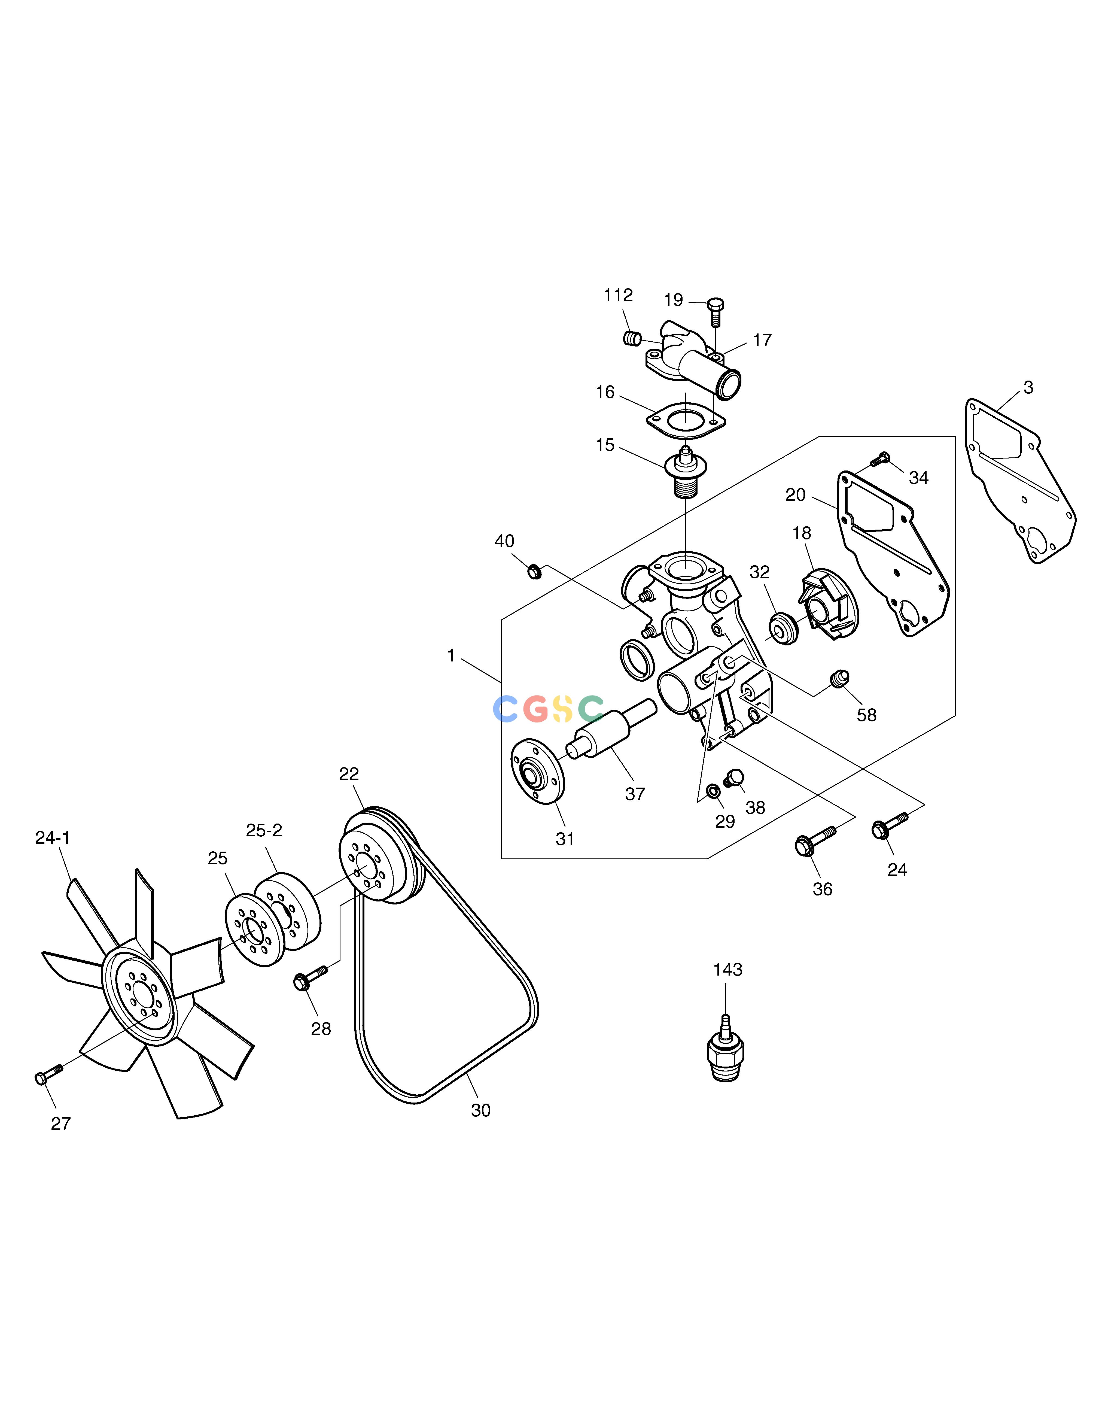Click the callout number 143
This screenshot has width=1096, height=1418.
pos(727,969)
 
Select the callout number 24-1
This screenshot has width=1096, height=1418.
pos(53,838)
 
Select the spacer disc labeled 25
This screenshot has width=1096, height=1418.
pos(254,930)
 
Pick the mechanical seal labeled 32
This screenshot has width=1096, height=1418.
pos(784,627)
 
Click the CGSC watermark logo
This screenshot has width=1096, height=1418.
pos(549,709)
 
